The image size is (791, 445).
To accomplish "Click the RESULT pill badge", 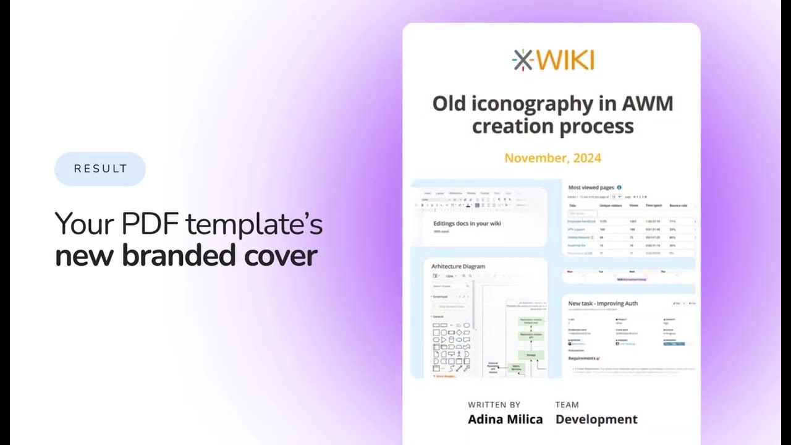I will [100, 169].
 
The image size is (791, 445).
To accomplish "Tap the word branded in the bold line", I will [178, 256].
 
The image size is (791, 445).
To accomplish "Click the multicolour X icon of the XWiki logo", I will [523, 60].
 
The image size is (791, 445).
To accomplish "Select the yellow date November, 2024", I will [552, 158].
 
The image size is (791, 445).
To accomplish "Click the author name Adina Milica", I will [505, 419].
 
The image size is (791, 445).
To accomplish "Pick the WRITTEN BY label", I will [494, 405].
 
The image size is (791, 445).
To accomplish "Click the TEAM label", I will [567, 405].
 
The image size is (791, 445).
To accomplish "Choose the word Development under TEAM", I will [596, 419].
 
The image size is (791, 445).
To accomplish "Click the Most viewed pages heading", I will [591, 187].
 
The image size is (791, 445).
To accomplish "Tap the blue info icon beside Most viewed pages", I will [619, 187].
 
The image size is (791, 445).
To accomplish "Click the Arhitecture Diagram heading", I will [458, 266].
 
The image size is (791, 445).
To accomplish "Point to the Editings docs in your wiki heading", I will [467, 223].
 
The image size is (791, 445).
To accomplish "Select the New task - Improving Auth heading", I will [603, 303].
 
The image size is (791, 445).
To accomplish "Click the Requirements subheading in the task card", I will [582, 358].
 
